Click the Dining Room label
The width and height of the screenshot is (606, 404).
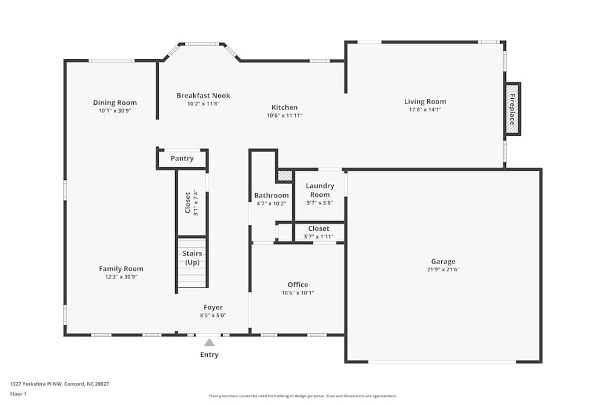pos(115,102)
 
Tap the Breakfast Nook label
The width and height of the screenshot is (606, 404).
pos(203,96)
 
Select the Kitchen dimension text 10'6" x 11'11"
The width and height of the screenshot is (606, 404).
pos(284,115)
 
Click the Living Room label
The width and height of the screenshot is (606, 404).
pos(425,102)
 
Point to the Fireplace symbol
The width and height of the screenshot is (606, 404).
pos(512,109)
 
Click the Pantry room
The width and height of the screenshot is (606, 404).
pos(182,159)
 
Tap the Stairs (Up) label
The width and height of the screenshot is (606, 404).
pos(192,257)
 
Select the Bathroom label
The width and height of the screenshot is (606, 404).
pos(271,196)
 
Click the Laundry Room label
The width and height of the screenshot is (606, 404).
pos(319,190)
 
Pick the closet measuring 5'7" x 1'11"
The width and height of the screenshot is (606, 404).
pos(319,232)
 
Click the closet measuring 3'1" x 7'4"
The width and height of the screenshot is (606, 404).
pos(191,204)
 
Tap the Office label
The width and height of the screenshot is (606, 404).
pos(298,285)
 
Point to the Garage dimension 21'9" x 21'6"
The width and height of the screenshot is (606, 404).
pos(443,270)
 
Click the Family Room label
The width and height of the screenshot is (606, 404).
pos(121,269)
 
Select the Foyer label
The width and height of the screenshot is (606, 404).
pos(213,308)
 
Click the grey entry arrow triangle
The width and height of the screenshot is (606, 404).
pos(209,342)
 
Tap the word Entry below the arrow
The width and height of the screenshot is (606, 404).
pos(209,355)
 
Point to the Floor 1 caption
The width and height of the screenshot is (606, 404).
pos(18,394)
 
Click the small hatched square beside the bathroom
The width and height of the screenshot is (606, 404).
pos(285,176)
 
